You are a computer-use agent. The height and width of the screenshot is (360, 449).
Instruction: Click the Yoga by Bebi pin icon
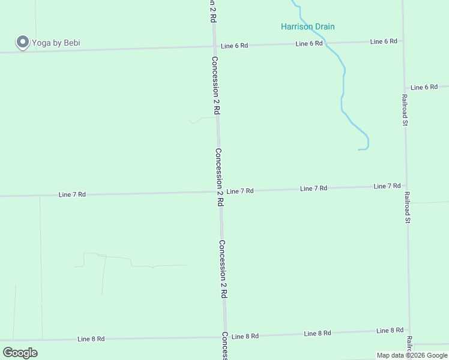[23, 42]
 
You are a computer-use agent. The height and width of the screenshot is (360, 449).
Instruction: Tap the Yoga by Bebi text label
[56, 43]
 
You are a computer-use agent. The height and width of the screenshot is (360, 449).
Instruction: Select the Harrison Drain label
[308, 26]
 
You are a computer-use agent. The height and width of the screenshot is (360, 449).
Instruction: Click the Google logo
[20, 352]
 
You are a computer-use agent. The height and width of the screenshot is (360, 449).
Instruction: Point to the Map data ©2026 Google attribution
[412, 355]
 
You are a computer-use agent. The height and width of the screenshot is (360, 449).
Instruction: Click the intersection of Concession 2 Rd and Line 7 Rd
[220, 192]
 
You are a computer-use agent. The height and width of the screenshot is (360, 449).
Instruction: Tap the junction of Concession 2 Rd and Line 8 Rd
[224, 337]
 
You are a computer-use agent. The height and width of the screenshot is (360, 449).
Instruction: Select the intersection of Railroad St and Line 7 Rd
[406, 187]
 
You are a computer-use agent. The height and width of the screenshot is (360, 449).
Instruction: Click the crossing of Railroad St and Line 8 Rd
[410, 330]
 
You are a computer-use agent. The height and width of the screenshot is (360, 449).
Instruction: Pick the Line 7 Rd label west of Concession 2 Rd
[72, 195]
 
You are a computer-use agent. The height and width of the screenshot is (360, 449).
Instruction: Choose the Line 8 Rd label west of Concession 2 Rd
[91, 339]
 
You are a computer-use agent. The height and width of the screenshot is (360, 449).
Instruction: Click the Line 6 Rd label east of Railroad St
[424, 88]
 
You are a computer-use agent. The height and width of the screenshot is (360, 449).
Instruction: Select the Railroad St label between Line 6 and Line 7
[405, 110]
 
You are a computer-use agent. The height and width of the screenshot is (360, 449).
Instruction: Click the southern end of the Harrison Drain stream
[359, 149]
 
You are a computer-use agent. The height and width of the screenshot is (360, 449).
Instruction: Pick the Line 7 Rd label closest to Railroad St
[387, 187]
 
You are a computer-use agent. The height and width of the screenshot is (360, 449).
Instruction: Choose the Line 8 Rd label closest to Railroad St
[390, 331]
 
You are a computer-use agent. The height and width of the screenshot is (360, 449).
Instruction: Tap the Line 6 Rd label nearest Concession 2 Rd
[234, 46]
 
